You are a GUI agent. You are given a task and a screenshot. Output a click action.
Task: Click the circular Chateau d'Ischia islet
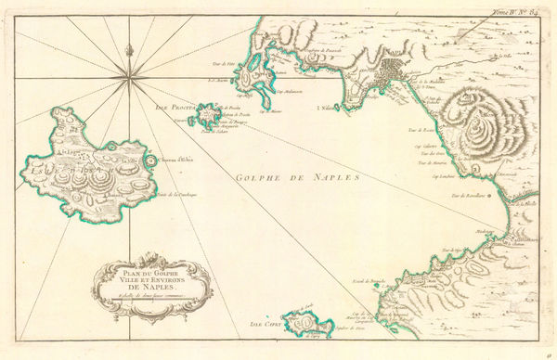point(152,161)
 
